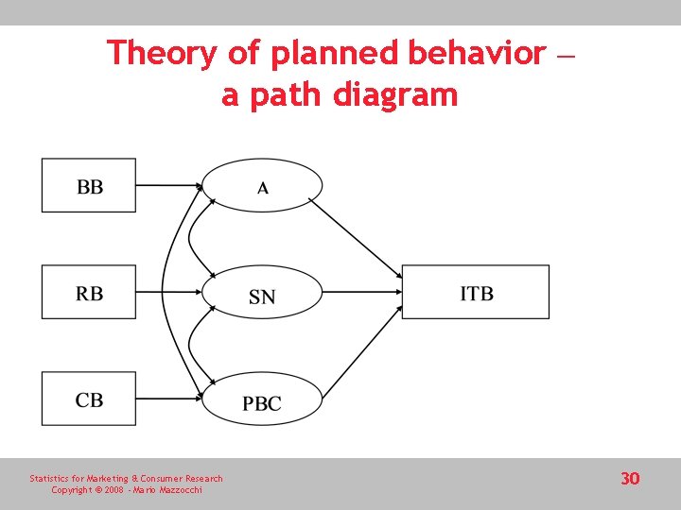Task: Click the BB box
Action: [89, 185]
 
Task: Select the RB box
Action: [89, 292]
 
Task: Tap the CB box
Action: [89, 399]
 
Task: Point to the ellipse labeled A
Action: [263, 185]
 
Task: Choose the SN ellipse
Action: [263, 295]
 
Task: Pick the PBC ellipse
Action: [263, 402]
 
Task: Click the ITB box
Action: [476, 292]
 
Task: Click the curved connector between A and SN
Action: [192, 240]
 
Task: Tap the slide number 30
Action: [630, 479]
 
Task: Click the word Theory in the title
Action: [162, 53]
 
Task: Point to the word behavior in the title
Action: [477, 53]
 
